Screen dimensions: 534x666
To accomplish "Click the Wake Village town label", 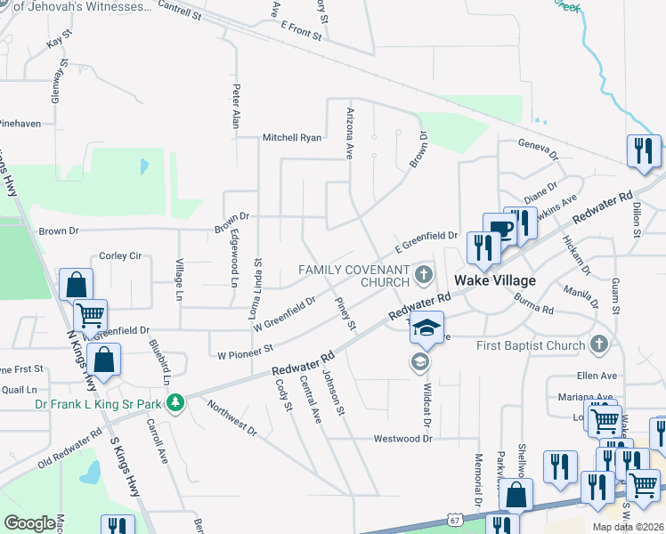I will [x=495, y=280].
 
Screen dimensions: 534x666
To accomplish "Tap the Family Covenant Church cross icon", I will [x=425, y=273].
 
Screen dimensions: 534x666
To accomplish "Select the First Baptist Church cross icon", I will [x=599, y=344].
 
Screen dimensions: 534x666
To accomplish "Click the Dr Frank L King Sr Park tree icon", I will [x=176, y=403].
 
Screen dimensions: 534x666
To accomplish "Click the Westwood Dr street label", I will [x=402, y=439].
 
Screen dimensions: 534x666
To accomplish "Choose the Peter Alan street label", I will [x=236, y=107].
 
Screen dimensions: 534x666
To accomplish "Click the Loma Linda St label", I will [x=256, y=288].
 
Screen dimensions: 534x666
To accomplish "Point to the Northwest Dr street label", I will [x=231, y=418].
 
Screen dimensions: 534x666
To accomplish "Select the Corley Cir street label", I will [x=121, y=255].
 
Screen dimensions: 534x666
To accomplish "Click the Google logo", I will [x=29, y=523].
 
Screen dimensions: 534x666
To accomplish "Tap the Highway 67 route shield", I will [x=455, y=519].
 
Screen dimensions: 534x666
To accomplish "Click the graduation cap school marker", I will [x=426, y=328].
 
